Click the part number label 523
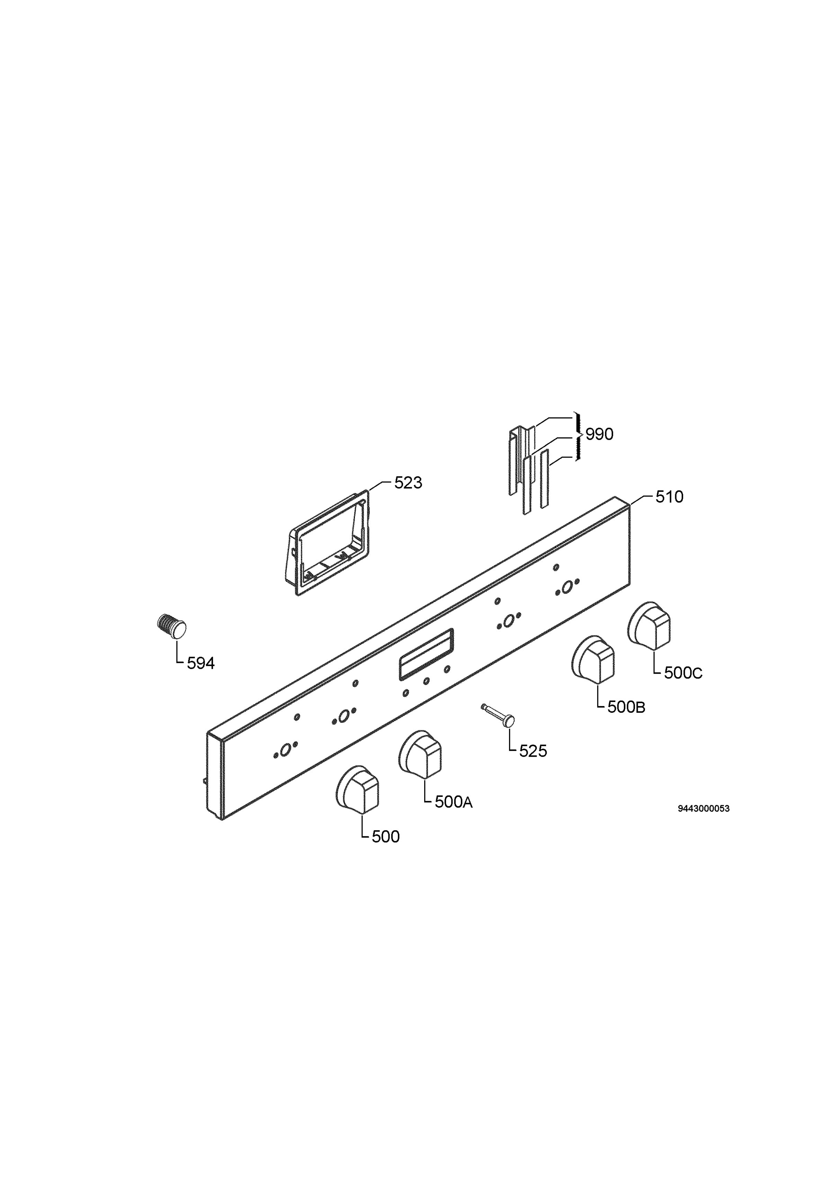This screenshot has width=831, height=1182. (408, 483)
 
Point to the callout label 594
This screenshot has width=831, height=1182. (201, 664)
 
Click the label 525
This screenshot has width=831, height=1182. (533, 751)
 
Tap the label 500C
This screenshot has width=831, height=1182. (683, 673)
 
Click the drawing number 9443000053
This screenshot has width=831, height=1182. (703, 809)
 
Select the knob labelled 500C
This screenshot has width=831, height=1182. (649, 625)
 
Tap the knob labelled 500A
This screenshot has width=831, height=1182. (420, 754)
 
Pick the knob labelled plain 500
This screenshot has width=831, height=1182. (357, 790)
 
